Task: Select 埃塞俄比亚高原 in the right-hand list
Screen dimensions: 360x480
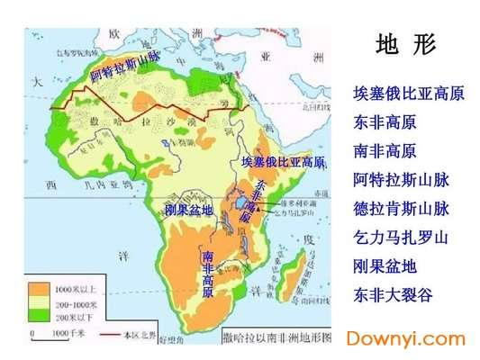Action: [402, 94]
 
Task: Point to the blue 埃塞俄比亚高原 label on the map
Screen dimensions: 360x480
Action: [283, 162]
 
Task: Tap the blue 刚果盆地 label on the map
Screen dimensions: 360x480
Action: [188, 210]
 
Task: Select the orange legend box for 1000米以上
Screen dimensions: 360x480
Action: [41, 291]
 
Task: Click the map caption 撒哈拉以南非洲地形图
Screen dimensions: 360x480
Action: [276, 337]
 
